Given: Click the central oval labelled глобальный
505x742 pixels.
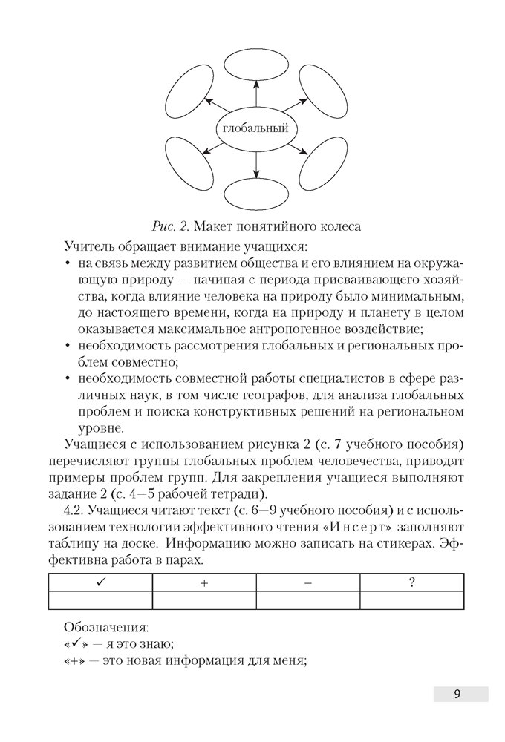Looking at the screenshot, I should click(x=255, y=128).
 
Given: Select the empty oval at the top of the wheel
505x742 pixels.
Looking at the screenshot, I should click(x=255, y=64).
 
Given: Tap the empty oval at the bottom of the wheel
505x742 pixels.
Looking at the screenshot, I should click(x=255, y=194).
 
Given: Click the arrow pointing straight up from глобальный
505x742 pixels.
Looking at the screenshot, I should click(x=255, y=95).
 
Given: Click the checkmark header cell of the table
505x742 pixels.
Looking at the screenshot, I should click(x=100, y=582).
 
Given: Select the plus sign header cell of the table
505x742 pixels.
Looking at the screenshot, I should click(x=204, y=582).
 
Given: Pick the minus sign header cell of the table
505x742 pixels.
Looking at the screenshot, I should click(x=307, y=582).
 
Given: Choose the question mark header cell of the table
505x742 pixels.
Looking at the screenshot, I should click(x=411, y=582).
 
